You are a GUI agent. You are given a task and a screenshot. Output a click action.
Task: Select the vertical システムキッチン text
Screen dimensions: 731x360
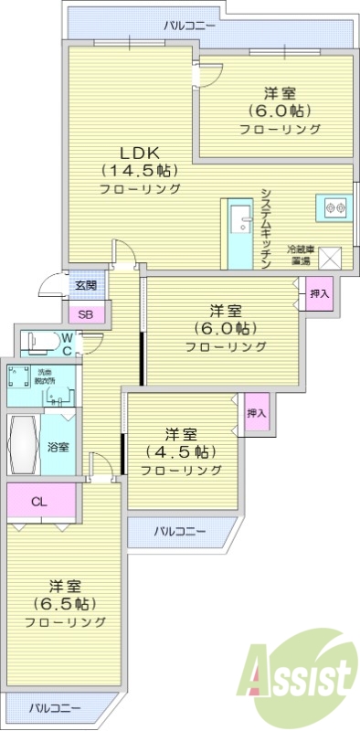tap(265, 227)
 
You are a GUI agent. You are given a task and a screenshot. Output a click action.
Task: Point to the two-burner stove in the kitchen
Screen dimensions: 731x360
tap(334, 207)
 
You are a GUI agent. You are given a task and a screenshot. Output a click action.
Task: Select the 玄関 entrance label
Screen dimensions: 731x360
tap(86, 285)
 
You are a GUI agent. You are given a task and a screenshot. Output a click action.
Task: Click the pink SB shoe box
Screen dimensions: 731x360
tap(86, 315)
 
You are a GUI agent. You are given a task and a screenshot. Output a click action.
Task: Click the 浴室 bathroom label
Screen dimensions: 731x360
tap(58, 447)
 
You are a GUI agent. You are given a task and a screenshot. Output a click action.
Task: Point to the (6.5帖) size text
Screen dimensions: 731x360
tap(65, 604)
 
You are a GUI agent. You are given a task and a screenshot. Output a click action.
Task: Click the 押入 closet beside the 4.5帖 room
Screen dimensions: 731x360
tap(256, 413)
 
